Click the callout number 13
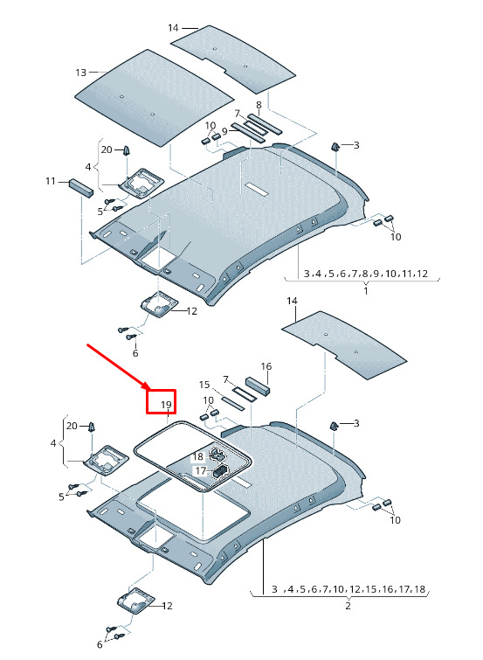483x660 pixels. (x=80, y=73)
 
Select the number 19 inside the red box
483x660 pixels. (x=167, y=405)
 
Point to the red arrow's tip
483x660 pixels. (x=149, y=389)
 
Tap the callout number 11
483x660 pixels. (x=51, y=182)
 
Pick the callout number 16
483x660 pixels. (x=266, y=366)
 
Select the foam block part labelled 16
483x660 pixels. (x=258, y=386)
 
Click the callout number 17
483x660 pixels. (x=200, y=470)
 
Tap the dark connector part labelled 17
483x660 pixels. (x=220, y=470)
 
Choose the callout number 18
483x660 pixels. (x=198, y=456)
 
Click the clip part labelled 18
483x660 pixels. (x=217, y=454)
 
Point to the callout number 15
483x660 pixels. (x=204, y=385)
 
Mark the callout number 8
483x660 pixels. (x=259, y=105)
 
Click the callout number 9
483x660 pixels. (x=224, y=131)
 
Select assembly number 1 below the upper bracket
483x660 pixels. (x=366, y=290)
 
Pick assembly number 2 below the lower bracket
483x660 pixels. (x=348, y=606)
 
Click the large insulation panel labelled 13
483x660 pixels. (x=154, y=98)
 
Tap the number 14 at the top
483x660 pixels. (x=173, y=28)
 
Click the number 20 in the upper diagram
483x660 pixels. (x=107, y=149)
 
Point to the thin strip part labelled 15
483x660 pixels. (x=233, y=403)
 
